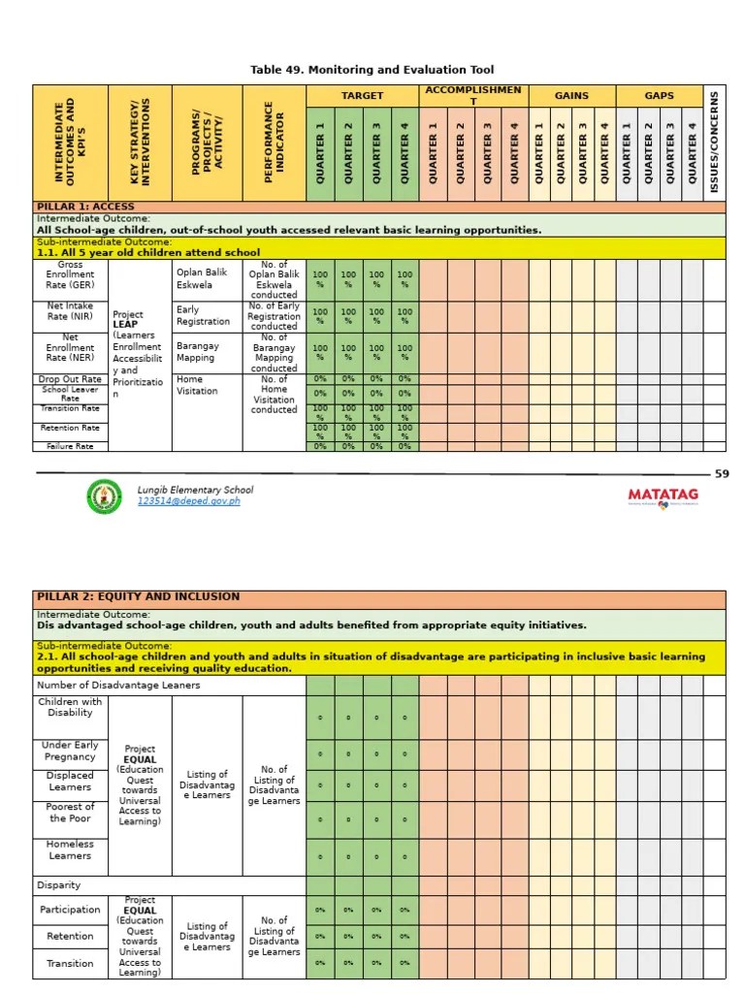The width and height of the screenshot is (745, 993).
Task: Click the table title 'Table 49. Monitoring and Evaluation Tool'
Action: click(x=372, y=70)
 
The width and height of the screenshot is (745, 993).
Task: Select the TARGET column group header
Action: click(x=362, y=96)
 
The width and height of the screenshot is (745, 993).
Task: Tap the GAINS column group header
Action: click(x=571, y=96)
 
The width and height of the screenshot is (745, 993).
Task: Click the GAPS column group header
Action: click(x=660, y=96)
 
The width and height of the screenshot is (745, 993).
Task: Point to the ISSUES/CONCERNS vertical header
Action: click(x=715, y=143)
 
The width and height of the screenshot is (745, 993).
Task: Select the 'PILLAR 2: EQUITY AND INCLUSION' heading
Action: click(x=138, y=596)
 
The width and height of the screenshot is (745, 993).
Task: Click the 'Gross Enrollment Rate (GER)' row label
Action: click(x=70, y=275)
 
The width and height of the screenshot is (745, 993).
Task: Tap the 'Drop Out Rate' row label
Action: click(x=70, y=379)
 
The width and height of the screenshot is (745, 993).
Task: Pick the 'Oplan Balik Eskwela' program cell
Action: click(x=201, y=279)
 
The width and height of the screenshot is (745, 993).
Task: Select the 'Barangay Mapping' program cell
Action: click(x=197, y=351)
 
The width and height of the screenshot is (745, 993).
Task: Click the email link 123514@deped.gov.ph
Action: click(x=188, y=501)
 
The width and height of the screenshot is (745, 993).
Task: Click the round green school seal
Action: click(x=105, y=496)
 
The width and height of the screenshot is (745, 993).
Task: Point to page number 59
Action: click(x=721, y=474)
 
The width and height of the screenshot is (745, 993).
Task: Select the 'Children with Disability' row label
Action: click(x=70, y=707)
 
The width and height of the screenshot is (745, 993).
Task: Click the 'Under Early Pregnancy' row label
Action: click(x=70, y=751)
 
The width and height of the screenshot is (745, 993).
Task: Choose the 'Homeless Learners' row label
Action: click(x=70, y=849)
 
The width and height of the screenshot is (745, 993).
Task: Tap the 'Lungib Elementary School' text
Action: click(x=195, y=490)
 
